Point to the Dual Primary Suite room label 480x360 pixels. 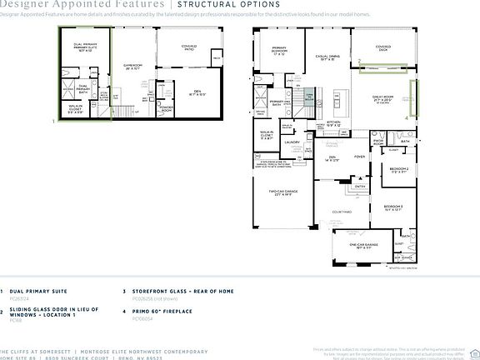(86, 47)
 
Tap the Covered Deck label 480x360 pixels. (383, 47)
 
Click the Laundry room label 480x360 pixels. (292, 142)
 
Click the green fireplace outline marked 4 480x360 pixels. (410, 97)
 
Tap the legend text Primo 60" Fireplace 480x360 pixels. (162, 310)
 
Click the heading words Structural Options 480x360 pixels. (217, 5)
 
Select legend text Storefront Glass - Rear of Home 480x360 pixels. (182, 291)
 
